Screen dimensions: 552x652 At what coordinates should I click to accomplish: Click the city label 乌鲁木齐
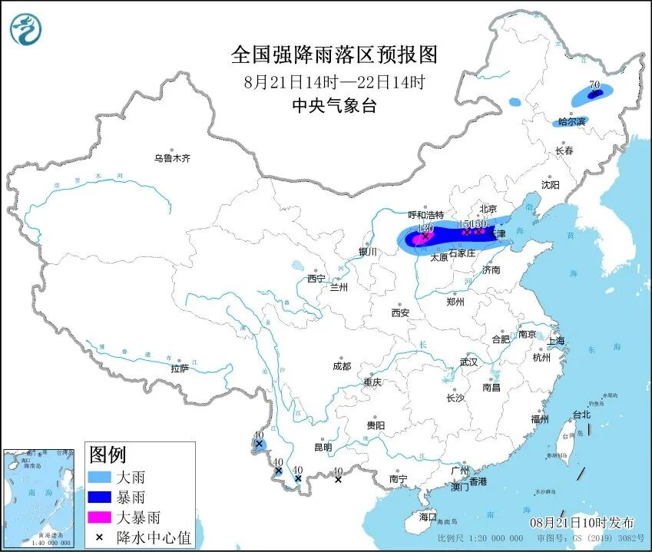pos(171,158)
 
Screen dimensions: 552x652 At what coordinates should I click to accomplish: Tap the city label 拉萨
pos(180,368)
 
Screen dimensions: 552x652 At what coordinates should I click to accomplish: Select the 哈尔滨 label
pos(571,122)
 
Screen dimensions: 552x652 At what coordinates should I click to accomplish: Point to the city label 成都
pos(342,366)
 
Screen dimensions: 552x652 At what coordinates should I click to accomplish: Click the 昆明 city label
pos(323,447)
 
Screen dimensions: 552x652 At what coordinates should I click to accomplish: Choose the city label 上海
pos(555,340)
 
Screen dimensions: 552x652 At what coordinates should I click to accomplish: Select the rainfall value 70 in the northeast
pos(594,85)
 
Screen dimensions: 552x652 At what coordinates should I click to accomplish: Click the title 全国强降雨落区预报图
pos(334,55)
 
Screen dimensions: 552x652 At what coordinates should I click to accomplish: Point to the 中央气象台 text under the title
pos(334,107)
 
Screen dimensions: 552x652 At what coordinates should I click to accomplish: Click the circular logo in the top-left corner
pos(25,29)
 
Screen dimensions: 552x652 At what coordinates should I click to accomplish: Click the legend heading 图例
pos(108,454)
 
